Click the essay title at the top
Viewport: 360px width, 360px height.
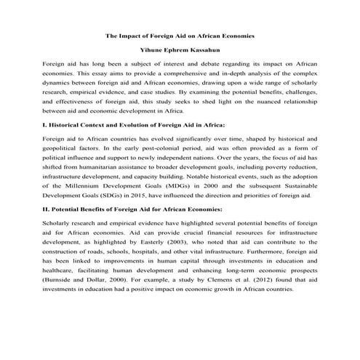coord(180,36)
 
